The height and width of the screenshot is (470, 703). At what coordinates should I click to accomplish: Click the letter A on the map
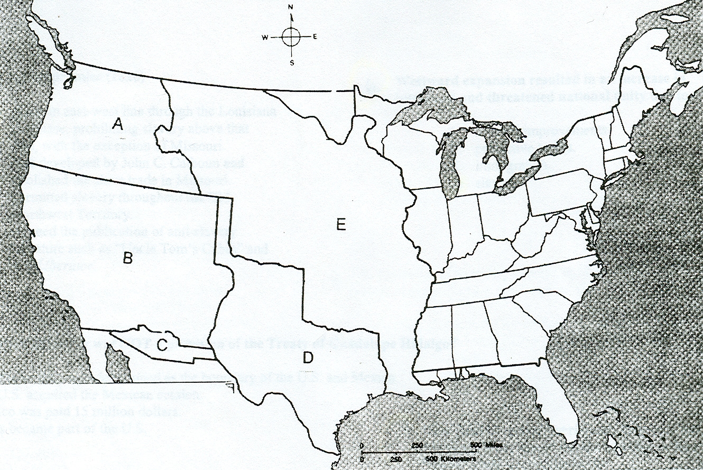coord(118,125)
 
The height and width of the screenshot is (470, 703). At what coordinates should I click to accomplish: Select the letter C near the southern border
coord(162,346)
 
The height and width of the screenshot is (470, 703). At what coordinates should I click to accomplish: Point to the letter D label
coord(308,358)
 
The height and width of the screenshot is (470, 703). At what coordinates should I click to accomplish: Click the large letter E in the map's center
coord(341,225)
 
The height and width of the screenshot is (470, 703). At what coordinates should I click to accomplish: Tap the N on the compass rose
coord(291,7)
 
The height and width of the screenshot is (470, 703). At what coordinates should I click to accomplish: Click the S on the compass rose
coord(291,62)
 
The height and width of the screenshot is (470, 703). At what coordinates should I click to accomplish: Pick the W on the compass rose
coord(265,37)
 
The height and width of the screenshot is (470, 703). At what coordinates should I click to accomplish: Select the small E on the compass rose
coord(314,36)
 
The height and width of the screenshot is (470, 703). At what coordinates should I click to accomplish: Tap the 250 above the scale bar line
coord(417,444)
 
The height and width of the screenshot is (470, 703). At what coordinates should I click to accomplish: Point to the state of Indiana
coord(465,222)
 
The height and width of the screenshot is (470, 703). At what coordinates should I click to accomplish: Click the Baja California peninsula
coord(119,365)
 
